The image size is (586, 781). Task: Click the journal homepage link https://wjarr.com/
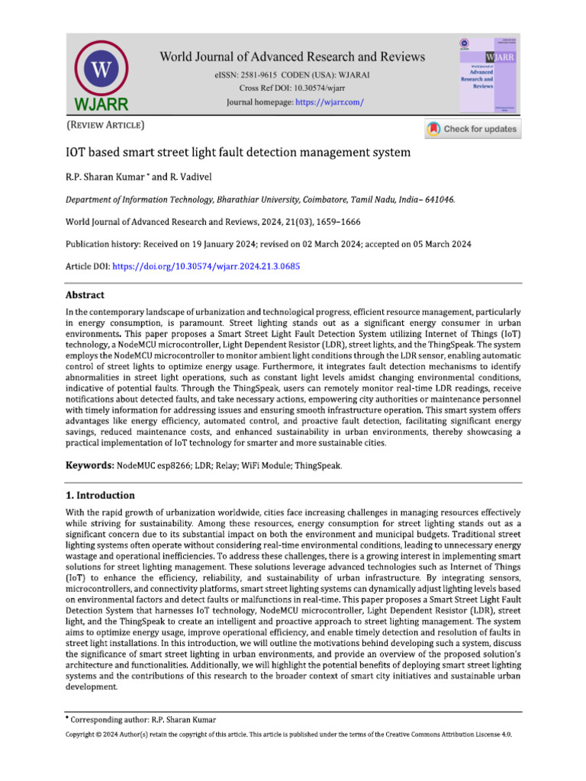pos(329,101)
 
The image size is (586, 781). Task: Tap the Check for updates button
pos(472,129)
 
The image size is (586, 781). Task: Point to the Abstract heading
pos(85,295)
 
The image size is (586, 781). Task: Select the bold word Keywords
pos(90,464)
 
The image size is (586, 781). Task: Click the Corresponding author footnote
pos(142,719)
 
